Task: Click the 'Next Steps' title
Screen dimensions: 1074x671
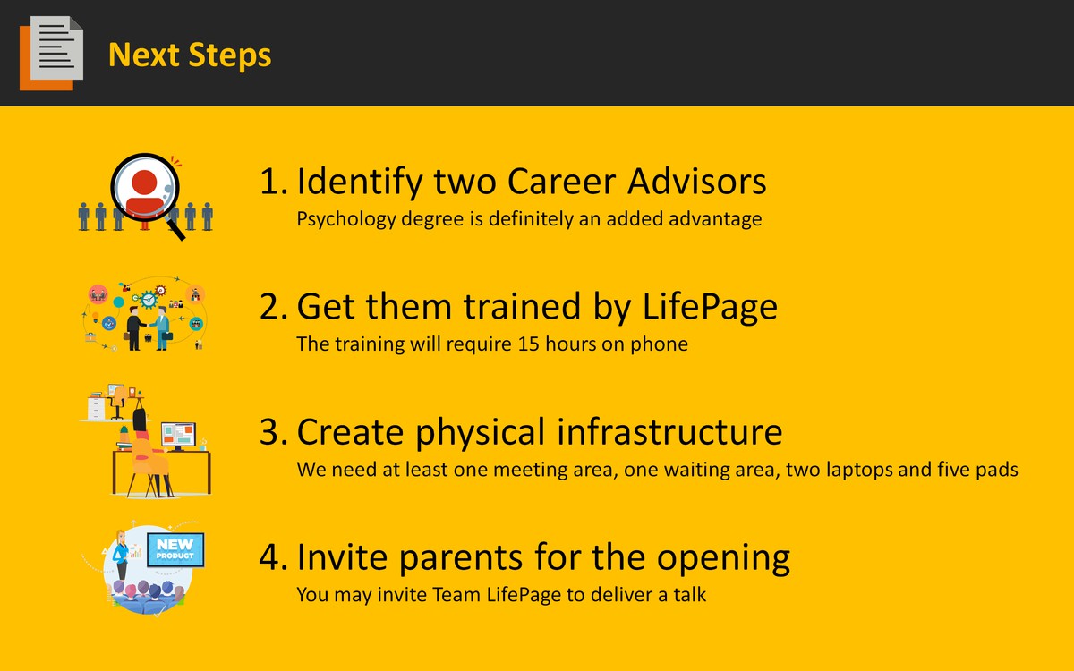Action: click(x=190, y=56)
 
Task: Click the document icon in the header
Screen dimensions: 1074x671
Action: click(x=51, y=53)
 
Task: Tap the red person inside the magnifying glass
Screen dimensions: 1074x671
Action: click(x=144, y=191)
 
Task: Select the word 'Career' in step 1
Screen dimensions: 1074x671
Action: click(x=561, y=182)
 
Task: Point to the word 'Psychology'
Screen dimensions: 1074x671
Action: click(x=346, y=219)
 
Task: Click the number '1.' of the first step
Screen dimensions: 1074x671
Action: click(x=274, y=182)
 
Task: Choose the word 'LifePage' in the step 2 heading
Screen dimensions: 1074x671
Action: click(x=710, y=308)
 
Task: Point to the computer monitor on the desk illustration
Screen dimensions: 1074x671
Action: click(x=178, y=435)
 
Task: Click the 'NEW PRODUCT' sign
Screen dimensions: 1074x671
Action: click(x=175, y=549)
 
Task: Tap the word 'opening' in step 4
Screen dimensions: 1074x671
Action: click(x=723, y=559)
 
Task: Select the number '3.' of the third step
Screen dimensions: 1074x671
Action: click(x=274, y=432)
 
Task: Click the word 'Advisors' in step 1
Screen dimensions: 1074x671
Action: click(x=697, y=182)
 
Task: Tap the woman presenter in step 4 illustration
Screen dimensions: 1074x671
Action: click(x=120, y=555)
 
